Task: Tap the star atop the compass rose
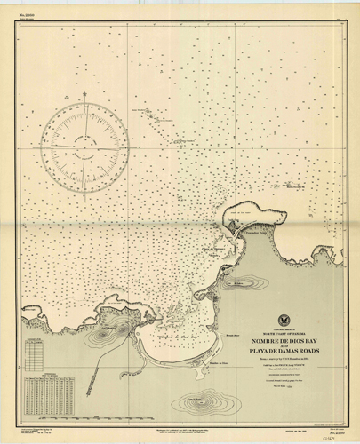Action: point(84,93)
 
